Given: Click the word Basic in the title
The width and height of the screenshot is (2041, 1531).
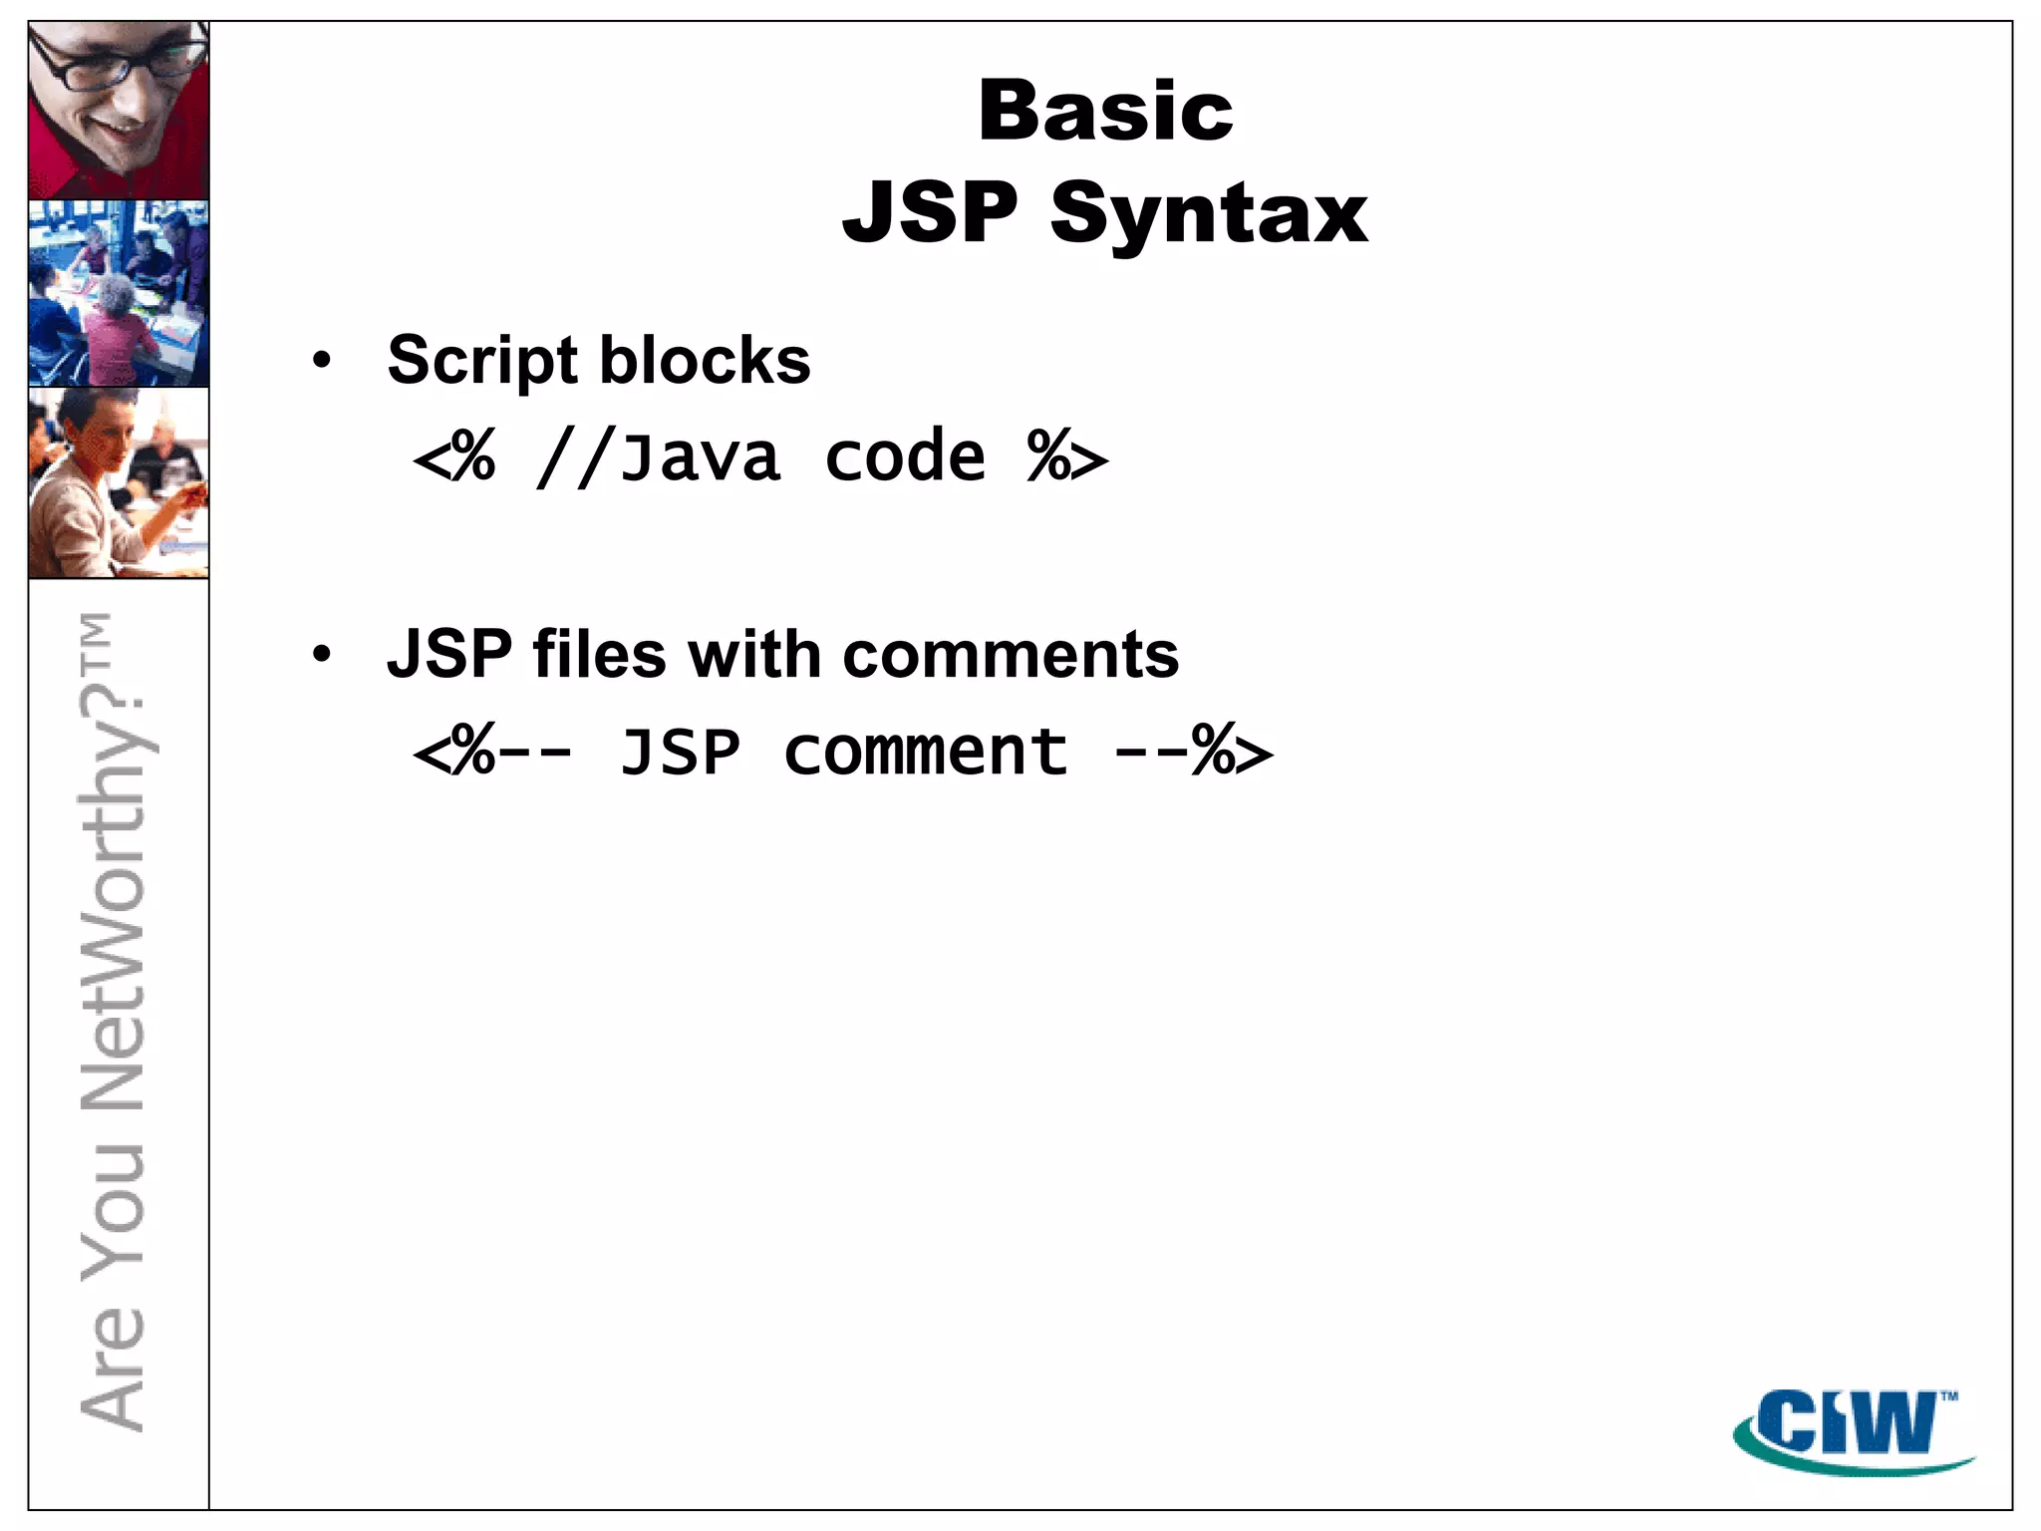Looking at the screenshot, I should click(1105, 111).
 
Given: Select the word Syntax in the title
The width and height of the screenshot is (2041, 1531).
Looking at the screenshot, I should click(1209, 214).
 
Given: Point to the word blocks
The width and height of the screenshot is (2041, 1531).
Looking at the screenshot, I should click(705, 360).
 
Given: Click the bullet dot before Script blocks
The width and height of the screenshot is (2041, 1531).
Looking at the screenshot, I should click(321, 361).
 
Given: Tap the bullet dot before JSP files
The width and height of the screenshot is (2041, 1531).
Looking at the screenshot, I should click(321, 655).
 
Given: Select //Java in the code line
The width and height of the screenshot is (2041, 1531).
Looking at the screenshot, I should click(658, 459).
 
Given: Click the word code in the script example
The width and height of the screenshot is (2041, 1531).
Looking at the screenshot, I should click(905, 458).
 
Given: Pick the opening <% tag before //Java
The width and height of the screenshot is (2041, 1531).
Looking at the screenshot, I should click(454, 459).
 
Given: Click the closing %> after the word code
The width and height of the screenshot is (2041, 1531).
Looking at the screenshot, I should click(1066, 459).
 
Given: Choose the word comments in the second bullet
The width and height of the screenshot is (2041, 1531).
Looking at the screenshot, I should click(1011, 655).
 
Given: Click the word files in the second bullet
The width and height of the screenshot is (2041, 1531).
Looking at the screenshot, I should click(599, 655).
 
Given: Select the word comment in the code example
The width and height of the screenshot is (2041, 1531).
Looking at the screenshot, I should click(925, 752).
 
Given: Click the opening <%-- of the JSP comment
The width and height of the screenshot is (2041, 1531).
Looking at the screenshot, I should click(492, 753).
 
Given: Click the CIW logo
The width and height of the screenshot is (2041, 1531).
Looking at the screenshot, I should click(1852, 1429).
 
